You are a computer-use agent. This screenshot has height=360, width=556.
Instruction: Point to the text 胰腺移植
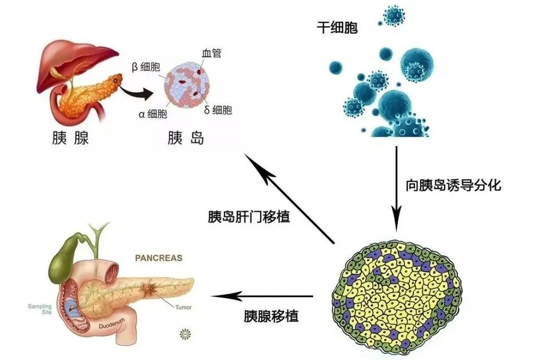point(271,317)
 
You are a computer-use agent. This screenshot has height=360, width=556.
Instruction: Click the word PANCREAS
point(159,258)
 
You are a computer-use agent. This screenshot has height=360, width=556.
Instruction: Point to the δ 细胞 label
point(218,110)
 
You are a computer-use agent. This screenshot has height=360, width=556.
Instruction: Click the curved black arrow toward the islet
point(139,90)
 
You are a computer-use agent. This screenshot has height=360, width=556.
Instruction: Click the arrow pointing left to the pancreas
point(262,295)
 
